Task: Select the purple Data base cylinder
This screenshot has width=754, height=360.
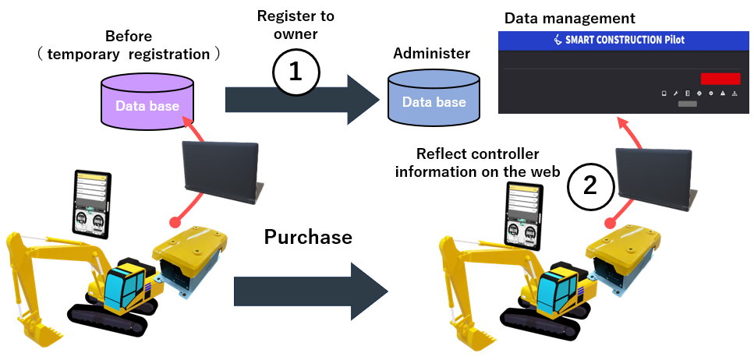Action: (x=147, y=101)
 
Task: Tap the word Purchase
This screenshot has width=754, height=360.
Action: (x=308, y=236)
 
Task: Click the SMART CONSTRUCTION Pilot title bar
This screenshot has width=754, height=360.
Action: (x=625, y=41)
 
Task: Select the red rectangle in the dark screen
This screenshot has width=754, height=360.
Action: (x=720, y=78)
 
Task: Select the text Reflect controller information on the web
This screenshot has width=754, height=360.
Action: (x=477, y=163)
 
